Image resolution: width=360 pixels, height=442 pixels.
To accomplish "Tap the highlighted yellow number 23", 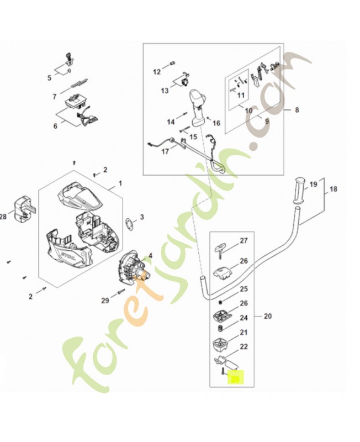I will (x=236, y=380).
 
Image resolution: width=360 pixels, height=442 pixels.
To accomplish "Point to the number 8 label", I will (x=297, y=110).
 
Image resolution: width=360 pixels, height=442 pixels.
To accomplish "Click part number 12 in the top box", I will (x=156, y=71).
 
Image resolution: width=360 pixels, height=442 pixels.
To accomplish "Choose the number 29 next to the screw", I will (x=105, y=300).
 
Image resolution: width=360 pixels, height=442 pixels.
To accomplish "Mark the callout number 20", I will (x=268, y=317).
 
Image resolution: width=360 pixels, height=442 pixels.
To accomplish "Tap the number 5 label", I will (x=49, y=78).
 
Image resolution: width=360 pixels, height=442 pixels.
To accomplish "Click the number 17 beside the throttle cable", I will (x=165, y=151).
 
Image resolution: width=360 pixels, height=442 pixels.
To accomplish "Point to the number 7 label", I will (x=55, y=96).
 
